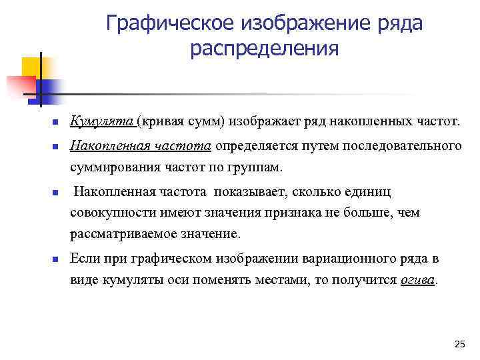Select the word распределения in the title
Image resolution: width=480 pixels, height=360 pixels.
coord(265,50)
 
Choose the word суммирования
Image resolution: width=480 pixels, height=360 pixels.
coord(115,167)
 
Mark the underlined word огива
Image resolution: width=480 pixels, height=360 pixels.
coord(417,281)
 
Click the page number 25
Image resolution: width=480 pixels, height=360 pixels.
coord(459,344)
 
